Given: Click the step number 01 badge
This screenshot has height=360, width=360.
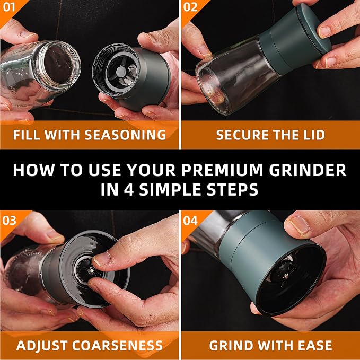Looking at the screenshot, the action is [x=9, y=7].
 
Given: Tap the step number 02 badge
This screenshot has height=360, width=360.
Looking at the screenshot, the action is [x=190, y=7].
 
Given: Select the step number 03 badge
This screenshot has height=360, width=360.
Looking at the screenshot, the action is [x=9, y=221].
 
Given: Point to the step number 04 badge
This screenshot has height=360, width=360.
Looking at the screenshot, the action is [x=190, y=221].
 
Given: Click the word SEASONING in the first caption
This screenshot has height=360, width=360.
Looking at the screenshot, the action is [x=125, y=135].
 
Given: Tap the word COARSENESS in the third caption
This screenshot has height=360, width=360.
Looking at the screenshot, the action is [x=117, y=345].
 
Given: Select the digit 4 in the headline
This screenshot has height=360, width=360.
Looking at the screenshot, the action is [x=129, y=190].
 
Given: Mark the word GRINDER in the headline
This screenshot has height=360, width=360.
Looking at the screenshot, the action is [x=308, y=170].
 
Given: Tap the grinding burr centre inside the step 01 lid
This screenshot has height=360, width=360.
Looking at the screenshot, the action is [x=121, y=72].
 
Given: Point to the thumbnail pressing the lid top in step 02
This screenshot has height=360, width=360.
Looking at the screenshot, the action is [x=324, y=32].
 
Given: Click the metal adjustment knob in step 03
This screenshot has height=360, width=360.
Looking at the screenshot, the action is [x=91, y=271].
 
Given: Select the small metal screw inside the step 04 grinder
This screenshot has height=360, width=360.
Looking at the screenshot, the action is [x=286, y=275].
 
